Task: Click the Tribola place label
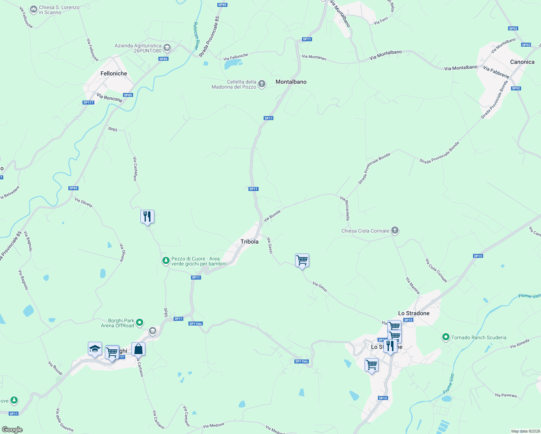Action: coord(250,242)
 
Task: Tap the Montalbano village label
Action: coord(291,82)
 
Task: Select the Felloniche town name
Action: coord(114,73)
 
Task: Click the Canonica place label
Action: coord(522,62)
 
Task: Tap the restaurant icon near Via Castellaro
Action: coord(147,217)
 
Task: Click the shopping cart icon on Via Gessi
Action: coord(302,260)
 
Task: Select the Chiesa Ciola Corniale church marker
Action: coord(395,230)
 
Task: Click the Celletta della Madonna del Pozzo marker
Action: coord(262,84)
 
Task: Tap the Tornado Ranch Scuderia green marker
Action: coord(446,337)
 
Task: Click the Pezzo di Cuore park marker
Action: coord(166,261)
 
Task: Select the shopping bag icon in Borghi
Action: coord(138,349)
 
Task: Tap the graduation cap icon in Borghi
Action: coord(95,349)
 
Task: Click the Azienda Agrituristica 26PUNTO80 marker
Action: coord(167,48)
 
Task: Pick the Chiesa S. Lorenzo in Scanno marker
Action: coord(34,10)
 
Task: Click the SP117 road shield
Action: coord(88,102)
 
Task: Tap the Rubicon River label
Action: coord(196,35)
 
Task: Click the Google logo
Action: coord(12,430)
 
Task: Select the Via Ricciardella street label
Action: coord(345,208)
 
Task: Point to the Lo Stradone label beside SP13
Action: coord(414,313)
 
